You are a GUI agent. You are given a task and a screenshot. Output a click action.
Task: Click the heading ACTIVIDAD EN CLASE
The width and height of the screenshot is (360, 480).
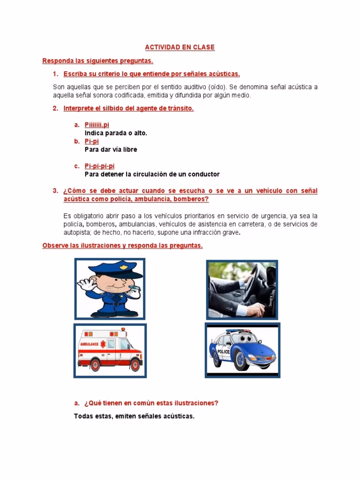[180, 47]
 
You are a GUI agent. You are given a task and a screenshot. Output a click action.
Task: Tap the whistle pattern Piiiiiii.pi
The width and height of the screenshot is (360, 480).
[97, 125]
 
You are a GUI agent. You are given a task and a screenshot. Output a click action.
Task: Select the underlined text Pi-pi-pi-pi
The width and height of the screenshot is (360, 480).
[99, 166]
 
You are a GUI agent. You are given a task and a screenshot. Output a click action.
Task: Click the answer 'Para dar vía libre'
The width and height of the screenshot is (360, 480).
[111, 150]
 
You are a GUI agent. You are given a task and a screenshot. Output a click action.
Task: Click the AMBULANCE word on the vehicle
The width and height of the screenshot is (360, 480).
[90, 344]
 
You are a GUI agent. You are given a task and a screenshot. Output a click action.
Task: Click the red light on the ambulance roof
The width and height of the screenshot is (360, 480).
[123, 330]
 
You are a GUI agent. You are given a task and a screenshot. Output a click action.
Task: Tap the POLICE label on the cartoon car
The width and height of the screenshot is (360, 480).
[224, 352]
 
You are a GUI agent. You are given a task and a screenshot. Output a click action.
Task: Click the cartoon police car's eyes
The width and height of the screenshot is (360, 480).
[246, 338]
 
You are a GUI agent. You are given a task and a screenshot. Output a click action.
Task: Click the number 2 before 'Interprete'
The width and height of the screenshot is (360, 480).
[55, 108]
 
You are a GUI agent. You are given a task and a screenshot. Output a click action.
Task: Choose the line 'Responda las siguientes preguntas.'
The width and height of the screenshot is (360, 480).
[97, 60]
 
